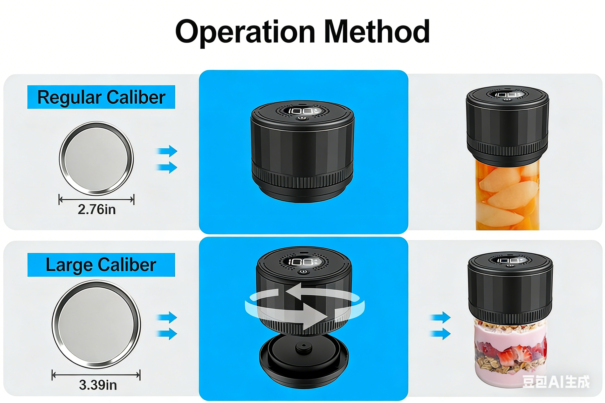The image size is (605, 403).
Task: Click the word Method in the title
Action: tap(377, 31)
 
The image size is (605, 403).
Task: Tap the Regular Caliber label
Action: tap(101, 97)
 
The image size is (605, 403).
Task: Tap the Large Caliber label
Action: tap(101, 265)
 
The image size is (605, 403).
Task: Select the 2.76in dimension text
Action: tap(97, 209)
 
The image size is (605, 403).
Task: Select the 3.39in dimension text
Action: tap(98, 385)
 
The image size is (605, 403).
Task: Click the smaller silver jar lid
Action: tap(96, 158)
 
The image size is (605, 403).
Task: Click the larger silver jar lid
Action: tap(96, 324)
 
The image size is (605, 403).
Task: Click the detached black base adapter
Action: tap(304, 361)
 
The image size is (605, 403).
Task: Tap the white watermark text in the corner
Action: tap(556, 381)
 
